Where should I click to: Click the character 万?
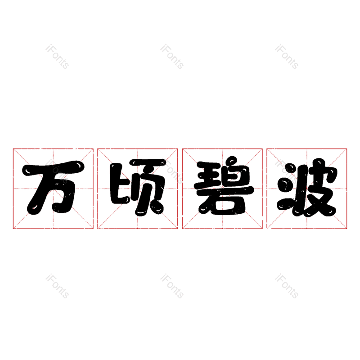click(x=53, y=188)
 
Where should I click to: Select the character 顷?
click(x=138, y=188)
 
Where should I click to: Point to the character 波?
click(x=307, y=188)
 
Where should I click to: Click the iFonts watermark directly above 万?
click(x=57, y=57)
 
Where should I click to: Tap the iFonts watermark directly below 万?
click(x=57, y=286)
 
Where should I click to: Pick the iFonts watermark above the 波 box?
click(x=287, y=57)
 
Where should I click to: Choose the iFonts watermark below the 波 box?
click(x=287, y=286)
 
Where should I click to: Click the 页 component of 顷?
click(x=148, y=188)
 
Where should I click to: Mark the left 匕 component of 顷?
click(x=119, y=184)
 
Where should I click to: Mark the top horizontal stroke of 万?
click(x=53, y=168)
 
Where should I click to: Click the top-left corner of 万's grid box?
click(x=13, y=149)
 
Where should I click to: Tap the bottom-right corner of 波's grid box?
click(x=346, y=229)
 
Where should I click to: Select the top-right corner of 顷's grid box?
click(x=177, y=149)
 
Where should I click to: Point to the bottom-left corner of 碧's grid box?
click(x=183, y=229)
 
